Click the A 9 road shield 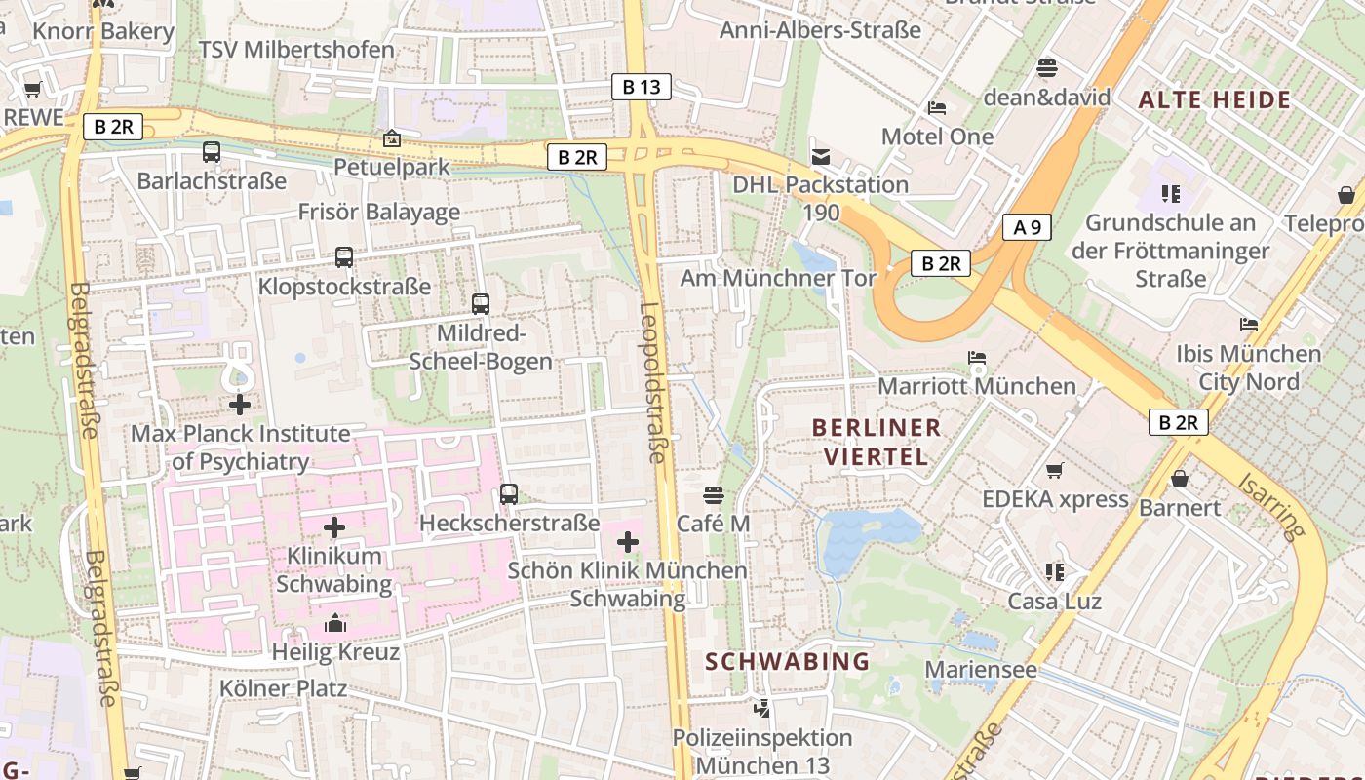[1028, 228]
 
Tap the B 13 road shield [642, 87]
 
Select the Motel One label [937, 136]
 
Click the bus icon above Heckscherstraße [509, 494]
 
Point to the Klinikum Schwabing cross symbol [334, 528]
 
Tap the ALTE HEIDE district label [1215, 99]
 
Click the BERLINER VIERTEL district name [877, 442]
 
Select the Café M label [714, 524]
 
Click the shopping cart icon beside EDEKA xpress [1054, 472]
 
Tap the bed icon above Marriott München [977, 358]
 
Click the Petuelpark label [392, 167]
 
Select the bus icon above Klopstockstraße [344, 257]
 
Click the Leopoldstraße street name [652, 382]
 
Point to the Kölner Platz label [283, 688]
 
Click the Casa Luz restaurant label [1054, 601]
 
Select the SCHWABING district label [788, 661]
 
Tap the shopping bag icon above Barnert [1180, 479]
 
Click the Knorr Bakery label [103, 31]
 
